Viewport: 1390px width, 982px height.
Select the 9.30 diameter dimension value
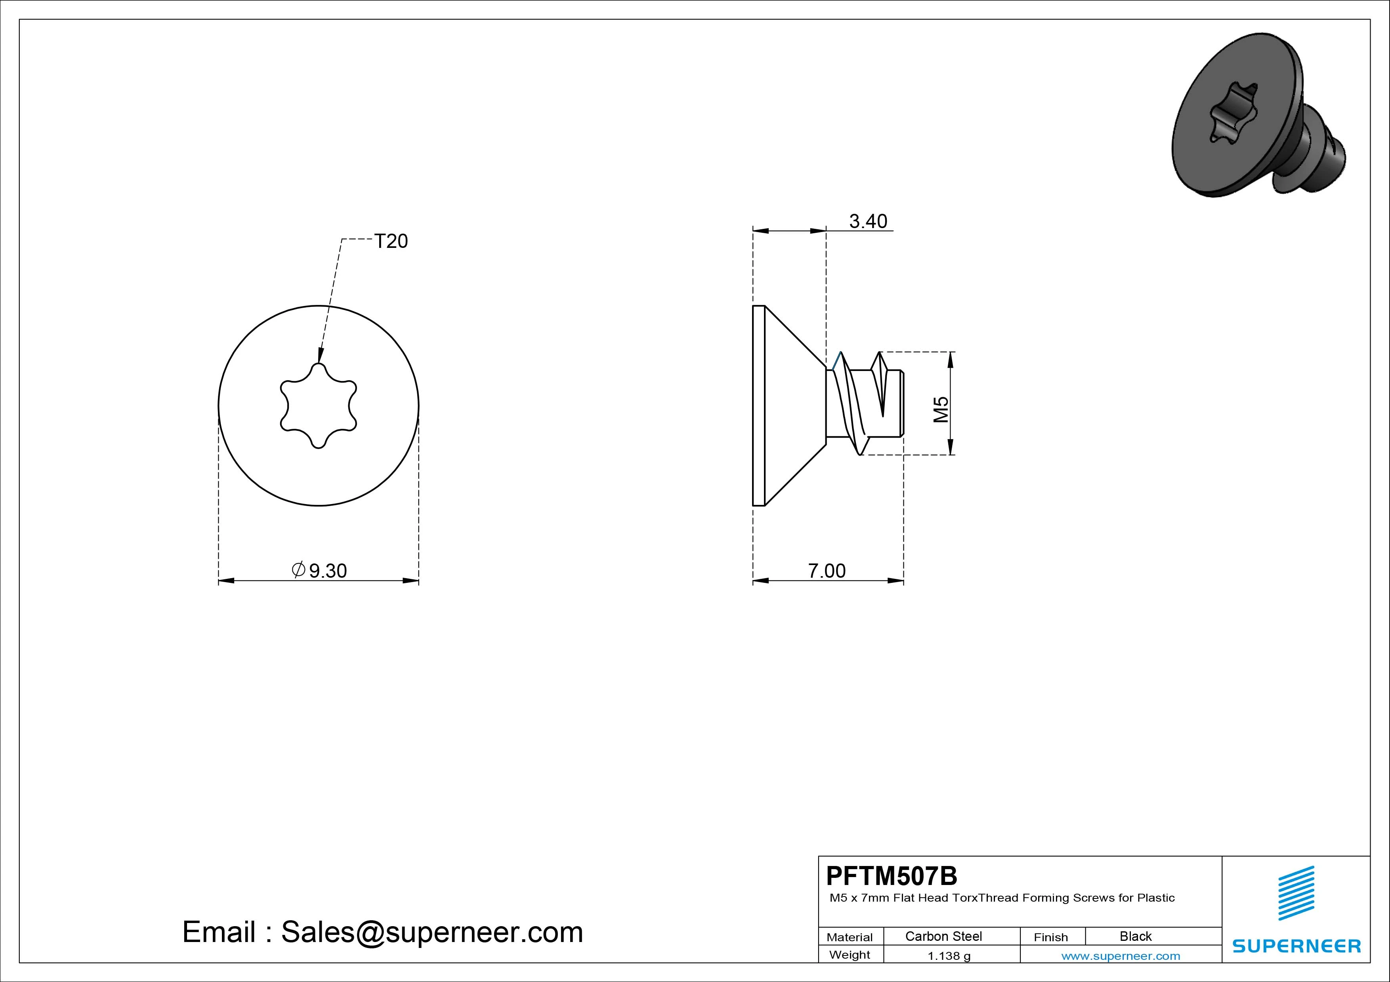tap(328, 571)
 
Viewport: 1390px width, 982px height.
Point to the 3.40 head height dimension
tap(868, 221)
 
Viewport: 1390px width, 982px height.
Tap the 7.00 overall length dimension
tap(827, 571)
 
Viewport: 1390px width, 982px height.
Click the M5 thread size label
tap(941, 409)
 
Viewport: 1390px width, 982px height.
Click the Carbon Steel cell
tap(943, 936)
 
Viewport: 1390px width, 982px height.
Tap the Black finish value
tap(1136, 936)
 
